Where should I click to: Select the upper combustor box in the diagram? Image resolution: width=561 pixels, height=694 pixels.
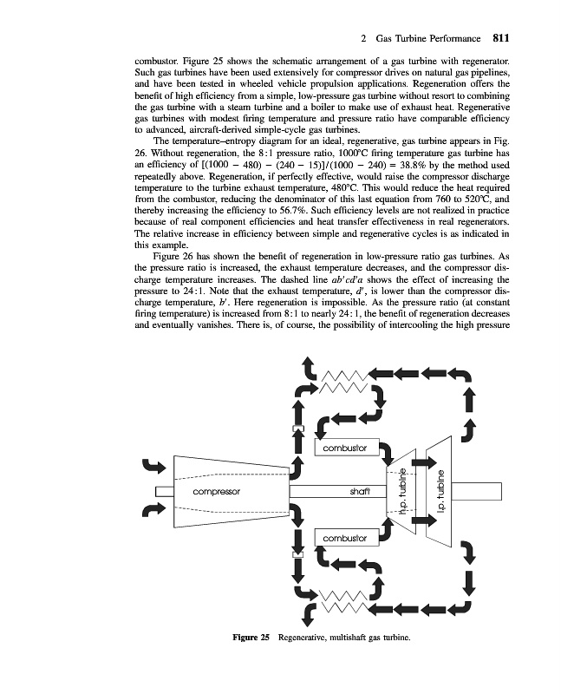pyautogui.click(x=344, y=448)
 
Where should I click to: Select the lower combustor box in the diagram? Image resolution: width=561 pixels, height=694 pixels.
pyautogui.click(x=344, y=539)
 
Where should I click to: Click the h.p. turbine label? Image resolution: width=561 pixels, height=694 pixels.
pyautogui.click(x=403, y=492)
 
